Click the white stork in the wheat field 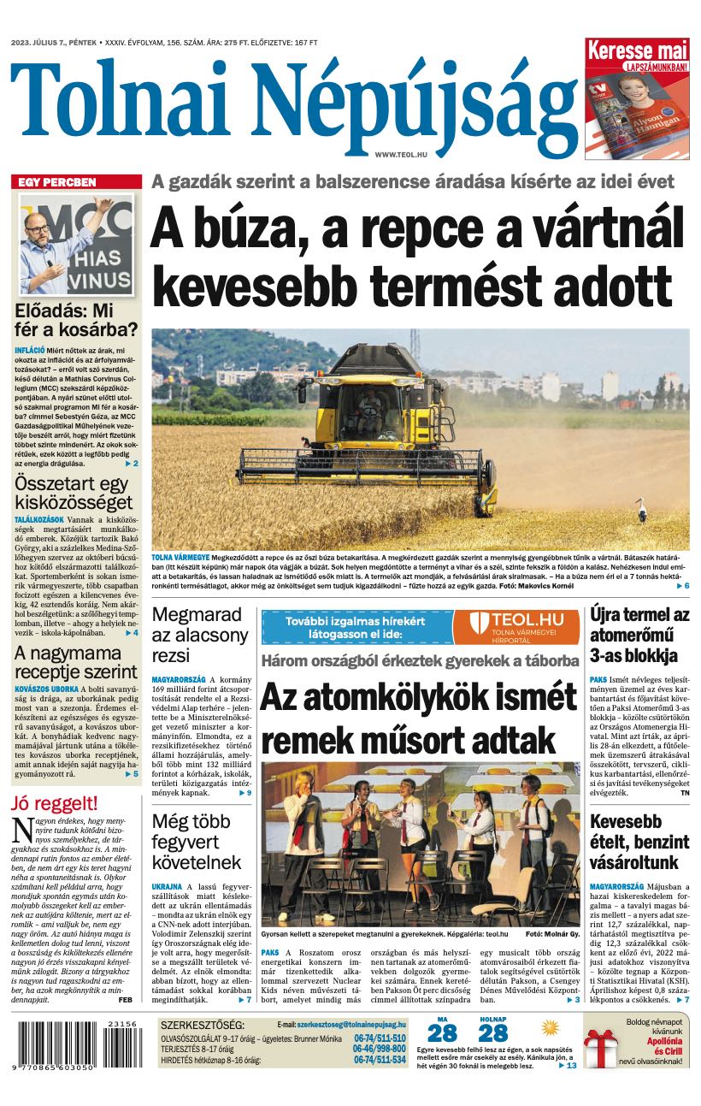pos(642,513)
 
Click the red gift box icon pos(600,1047)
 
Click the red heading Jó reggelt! pos(55,803)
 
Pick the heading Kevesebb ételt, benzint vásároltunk pos(639,842)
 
